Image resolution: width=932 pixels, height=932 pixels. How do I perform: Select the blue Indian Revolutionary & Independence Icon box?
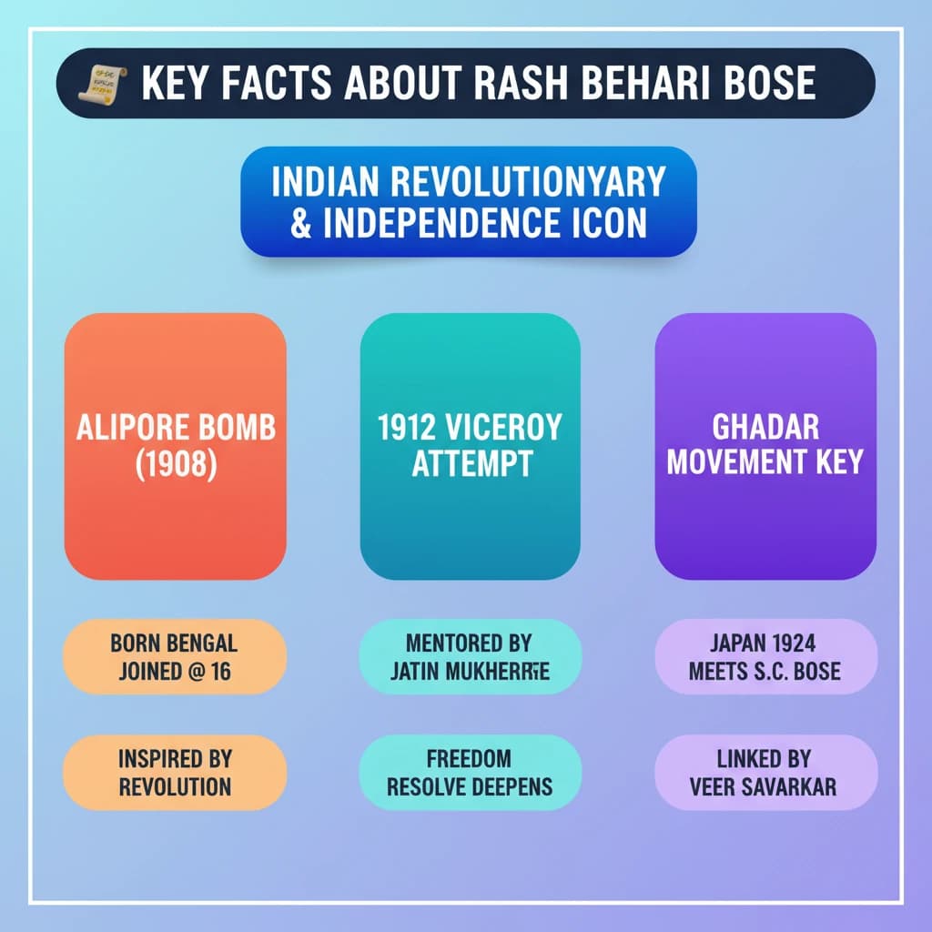point(469,201)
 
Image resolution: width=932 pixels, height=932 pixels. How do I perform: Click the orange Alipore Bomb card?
point(176,446)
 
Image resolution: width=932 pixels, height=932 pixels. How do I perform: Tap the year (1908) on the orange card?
point(176,463)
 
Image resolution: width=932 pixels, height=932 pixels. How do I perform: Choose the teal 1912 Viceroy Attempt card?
point(471,446)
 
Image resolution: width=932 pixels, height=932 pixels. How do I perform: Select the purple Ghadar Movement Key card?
point(765,446)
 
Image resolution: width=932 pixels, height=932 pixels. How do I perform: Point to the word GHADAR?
point(765,428)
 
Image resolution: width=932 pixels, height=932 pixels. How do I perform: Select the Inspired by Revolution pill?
point(174,773)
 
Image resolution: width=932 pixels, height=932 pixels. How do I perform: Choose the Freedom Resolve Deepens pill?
point(469,773)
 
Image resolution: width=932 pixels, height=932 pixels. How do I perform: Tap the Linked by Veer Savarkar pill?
point(765,773)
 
